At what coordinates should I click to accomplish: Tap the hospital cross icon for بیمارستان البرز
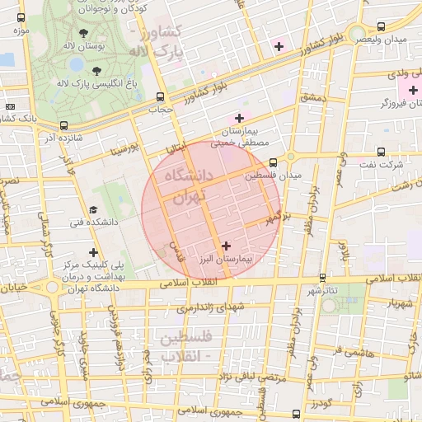pyautogui.click(x=227, y=245)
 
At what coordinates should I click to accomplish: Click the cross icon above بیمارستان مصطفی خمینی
pyautogui.click(x=240, y=118)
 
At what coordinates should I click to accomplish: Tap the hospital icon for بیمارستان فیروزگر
pyautogui.click(x=413, y=89)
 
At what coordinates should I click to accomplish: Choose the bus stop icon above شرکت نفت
pyautogui.click(x=380, y=152)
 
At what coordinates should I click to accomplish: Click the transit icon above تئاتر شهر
pyautogui.click(x=321, y=278)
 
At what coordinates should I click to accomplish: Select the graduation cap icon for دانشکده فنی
pyautogui.click(x=94, y=209)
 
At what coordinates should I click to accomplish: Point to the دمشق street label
pyautogui.click(x=313, y=98)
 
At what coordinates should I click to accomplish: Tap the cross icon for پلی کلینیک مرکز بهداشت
pyautogui.click(x=94, y=252)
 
